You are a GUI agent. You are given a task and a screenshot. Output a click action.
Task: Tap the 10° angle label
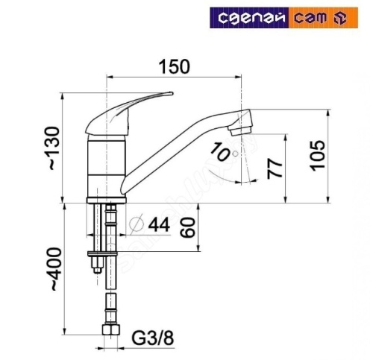coord(220,153)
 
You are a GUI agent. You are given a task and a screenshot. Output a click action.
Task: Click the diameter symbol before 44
coord(135,224)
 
